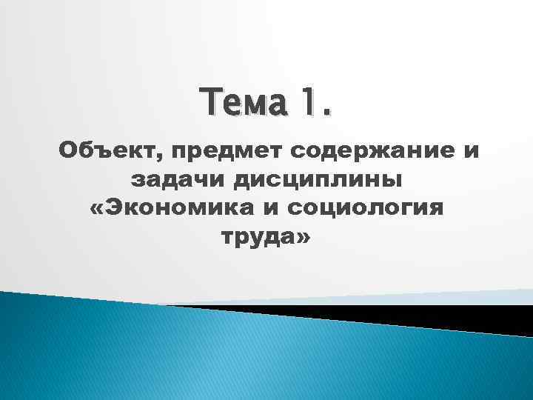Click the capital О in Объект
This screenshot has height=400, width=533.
68,152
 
